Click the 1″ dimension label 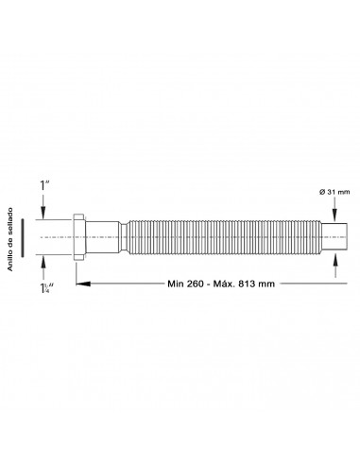coord(44,185)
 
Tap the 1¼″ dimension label coord(46,288)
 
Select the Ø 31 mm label coord(334,192)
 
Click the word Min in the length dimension coord(176,284)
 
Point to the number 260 coord(196,284)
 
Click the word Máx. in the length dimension coord(224,284)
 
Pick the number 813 coord(247,284)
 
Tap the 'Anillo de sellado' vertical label coord(10,239)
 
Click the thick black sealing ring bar coord(23,237)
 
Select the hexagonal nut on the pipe coord(79,237)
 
